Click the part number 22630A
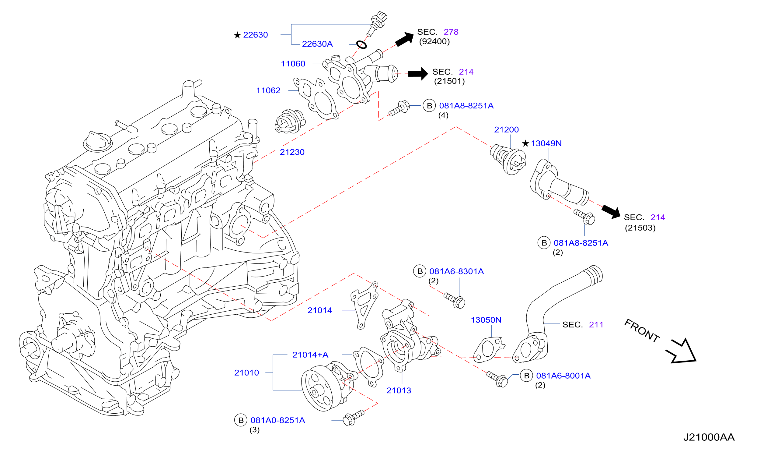coord(317,44)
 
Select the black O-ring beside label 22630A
coord(362,45)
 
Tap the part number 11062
coord(268,90)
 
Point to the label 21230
coord(292,152)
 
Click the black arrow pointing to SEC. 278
coord(405,40)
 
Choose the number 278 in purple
coord(451,32)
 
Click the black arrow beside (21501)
coord(418,74)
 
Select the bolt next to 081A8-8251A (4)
coord(399,108)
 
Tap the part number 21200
coord(506,130)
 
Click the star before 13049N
coord(525,143)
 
